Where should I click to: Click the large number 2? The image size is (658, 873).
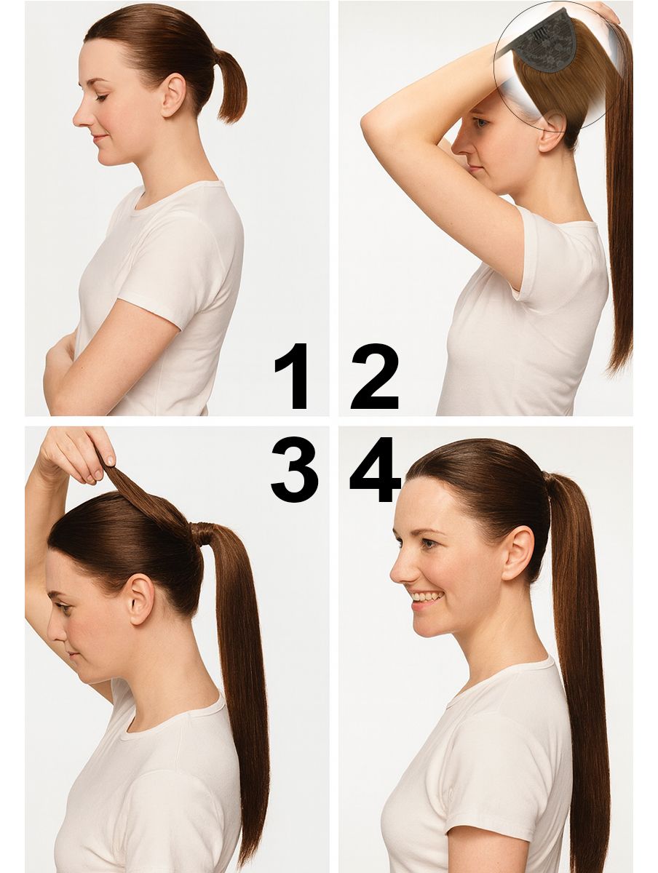point(375,376)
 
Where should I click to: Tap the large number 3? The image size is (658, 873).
point(294,469)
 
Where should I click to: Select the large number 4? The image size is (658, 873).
point(375,469)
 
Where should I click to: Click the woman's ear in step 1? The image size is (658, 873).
point(174,95)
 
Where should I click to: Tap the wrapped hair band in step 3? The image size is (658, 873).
point(202,533)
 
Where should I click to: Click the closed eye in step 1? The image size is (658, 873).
point(102,97)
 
